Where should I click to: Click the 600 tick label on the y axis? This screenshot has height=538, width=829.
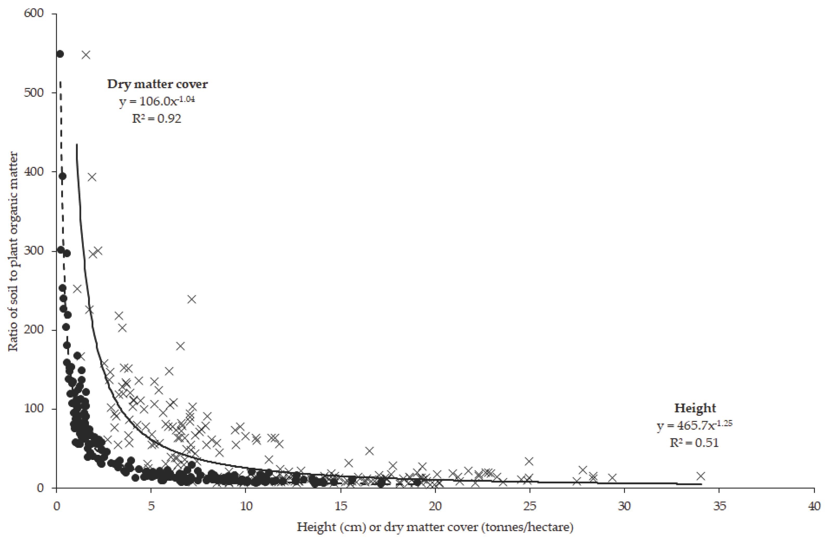click(x=34, y=14)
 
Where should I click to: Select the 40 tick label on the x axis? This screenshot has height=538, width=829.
click(x=814, y=506)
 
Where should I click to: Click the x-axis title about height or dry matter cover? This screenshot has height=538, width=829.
click(x=435, y=527)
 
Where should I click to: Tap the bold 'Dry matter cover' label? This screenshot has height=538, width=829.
click(x=157, y=84)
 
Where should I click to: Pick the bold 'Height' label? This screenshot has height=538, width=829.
click(x=695, y=408)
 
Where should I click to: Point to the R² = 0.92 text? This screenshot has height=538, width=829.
click(x=156, y=119)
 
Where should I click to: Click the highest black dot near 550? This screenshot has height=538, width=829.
click(x=60, y=54)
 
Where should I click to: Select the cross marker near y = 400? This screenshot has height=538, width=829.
click(x=92, y=177)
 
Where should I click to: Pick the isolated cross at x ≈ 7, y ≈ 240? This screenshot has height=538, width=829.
click(x=192, y=299)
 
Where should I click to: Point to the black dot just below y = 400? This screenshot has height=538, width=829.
click(x=62, y=176)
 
